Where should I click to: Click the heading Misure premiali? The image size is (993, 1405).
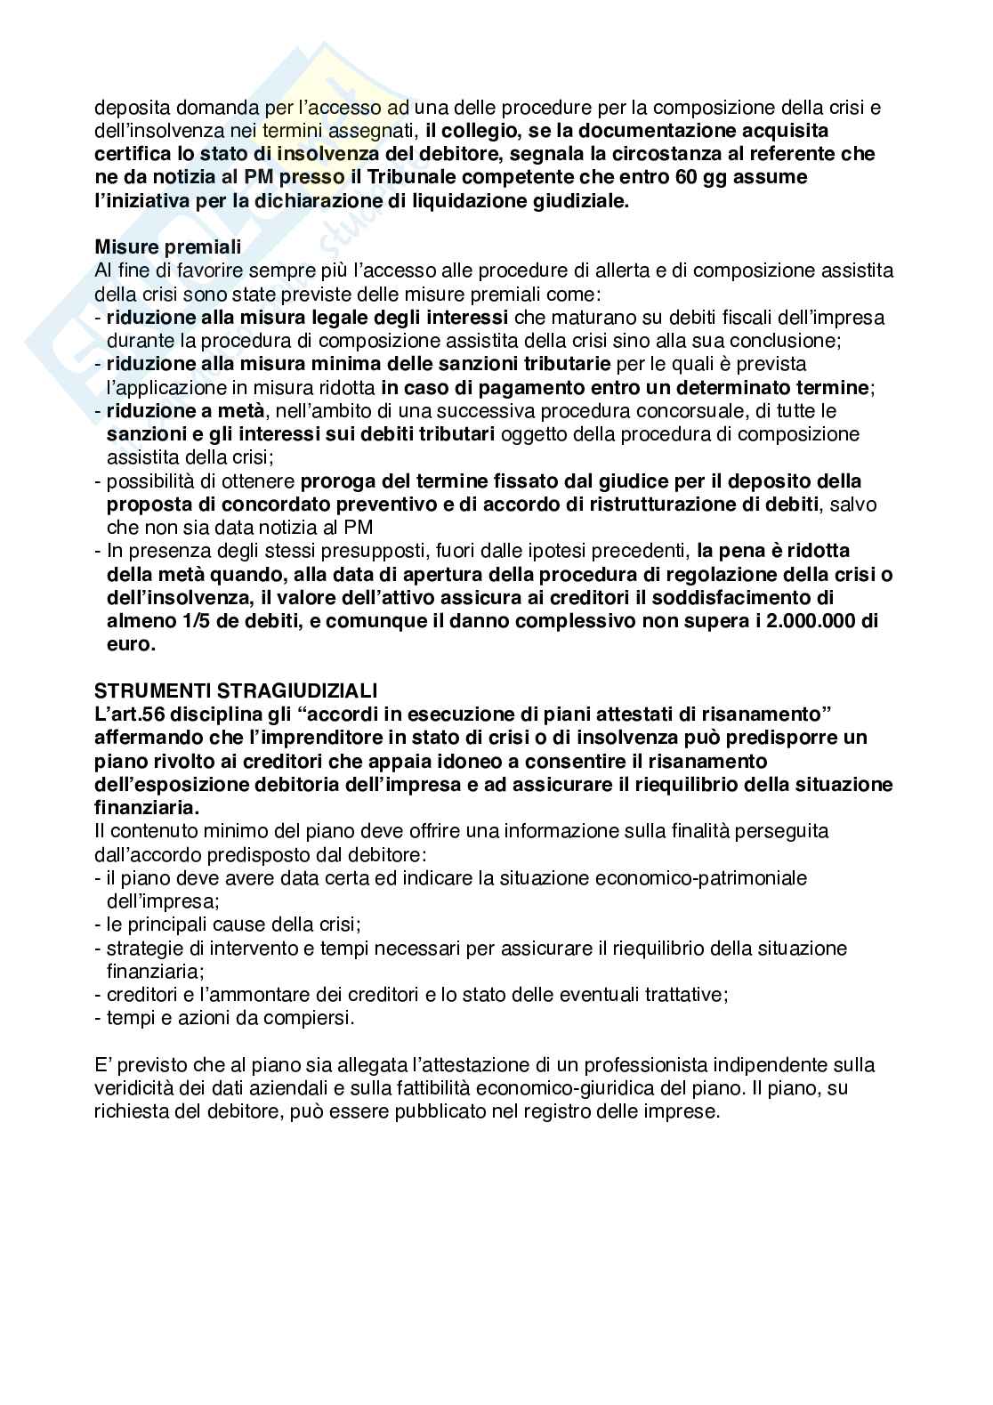click(168, 246)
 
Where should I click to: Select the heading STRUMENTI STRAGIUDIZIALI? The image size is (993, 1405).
click(237, 690)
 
